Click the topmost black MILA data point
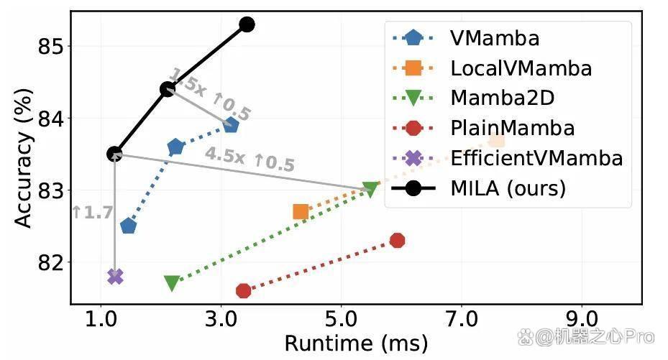click(x=247, y=24)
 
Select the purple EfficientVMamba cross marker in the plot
click(x=116, y=277)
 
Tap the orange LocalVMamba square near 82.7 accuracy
click(x=301, y=211)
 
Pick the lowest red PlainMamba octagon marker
click(x=243, y=291)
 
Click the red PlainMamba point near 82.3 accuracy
click(x=397, y=241)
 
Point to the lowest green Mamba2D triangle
click(x=172, y=282)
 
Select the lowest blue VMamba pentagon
click(x=128, y=226)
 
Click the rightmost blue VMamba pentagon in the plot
click(x=231, y=125)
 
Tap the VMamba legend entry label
click(x=495, y=38)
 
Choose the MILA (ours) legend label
click(x=508, y=188)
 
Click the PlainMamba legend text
click(x=513, y=128)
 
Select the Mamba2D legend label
click(x=503, y=98)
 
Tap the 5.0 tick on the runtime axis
click(x=341, y=319)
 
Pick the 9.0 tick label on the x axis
click(x=582, y=319)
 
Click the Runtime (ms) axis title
click(x=356, y=343)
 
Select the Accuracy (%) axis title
click(x=24, y=158)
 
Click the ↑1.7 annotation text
click(x=93, y=213)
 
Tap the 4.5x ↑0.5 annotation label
click(x=250, y=159)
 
